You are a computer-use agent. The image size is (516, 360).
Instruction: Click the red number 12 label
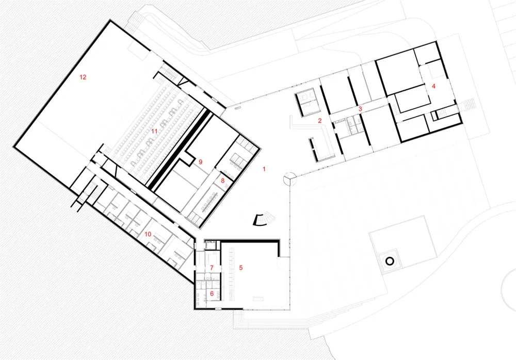click(83, 77)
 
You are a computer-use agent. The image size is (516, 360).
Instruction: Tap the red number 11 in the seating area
click(154, 131)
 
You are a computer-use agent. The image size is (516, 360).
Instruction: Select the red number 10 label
click(148, 234)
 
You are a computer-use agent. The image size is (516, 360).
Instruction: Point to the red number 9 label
click(200, 162)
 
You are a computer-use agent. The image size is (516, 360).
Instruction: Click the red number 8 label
click(223, 181)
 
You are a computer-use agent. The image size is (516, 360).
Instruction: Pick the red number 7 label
click(212, 268)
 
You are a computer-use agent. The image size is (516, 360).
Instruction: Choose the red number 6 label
click(212, 293)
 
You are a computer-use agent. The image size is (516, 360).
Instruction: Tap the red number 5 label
click(241, 268)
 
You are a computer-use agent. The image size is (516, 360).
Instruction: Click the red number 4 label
click(434, 86)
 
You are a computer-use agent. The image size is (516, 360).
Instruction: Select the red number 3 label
click(360, 108)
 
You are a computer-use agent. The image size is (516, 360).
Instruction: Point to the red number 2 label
click(319, 121)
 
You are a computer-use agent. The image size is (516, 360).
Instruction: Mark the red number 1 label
click(264, 169)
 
